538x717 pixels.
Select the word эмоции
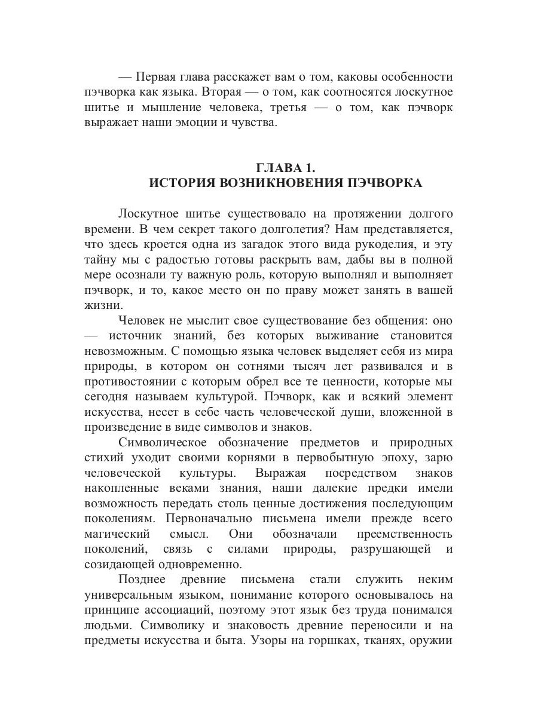[x=211, y=123]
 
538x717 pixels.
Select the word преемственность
[x=405, y=533]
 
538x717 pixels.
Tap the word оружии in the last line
[x=433, y=641]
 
